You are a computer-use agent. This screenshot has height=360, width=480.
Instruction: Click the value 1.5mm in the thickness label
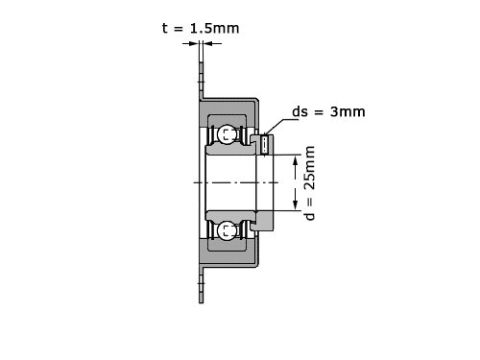point(215,29)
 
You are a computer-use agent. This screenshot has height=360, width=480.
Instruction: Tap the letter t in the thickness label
point(165,29)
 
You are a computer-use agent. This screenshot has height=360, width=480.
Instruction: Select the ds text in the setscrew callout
point(300,111)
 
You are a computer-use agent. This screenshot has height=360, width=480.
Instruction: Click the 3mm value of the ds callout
point(348,111)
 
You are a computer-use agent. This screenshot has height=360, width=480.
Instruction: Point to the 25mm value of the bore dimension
point(310,168)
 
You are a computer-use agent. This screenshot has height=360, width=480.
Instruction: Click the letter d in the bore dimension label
point(310,215)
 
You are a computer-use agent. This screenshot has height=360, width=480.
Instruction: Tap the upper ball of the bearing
point(227,134)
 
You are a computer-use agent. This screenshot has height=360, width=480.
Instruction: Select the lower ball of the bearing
point(227,230)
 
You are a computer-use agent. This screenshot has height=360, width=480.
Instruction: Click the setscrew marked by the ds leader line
point(265,145)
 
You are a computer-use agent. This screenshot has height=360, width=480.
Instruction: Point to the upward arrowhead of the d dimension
point(296,161)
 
